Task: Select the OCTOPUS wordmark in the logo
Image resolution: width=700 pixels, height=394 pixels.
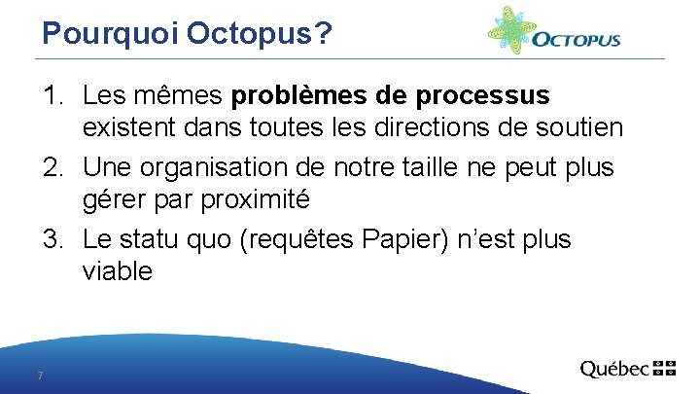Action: click(577, 41)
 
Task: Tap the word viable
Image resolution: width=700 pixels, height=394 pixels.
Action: click(118, 271)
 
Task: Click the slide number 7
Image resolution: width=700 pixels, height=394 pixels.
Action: click(39, 376)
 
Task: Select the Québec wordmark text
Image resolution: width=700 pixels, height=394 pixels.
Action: click(614, 369)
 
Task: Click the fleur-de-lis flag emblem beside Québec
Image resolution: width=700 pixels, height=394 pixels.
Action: click(664, 368)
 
